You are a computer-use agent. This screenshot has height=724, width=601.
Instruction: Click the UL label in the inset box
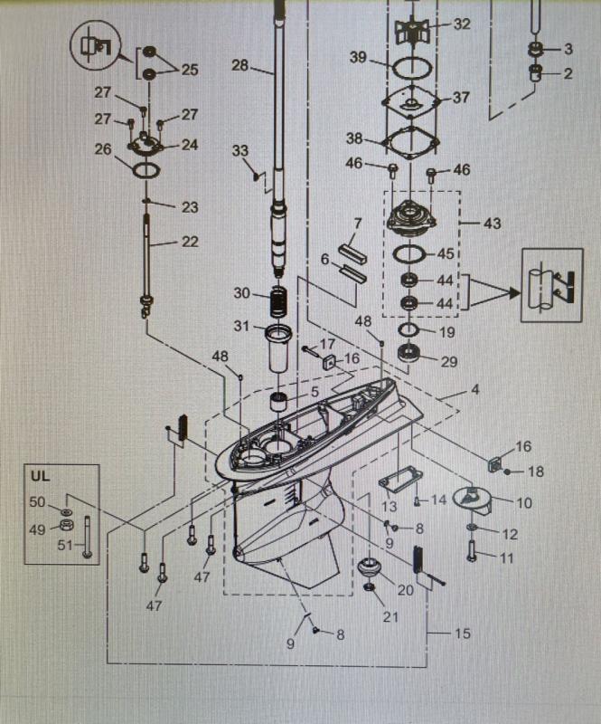point(40,476)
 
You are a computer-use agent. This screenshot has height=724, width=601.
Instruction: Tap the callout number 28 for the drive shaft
point(239,65)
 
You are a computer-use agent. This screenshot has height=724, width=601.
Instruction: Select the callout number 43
point(491,223)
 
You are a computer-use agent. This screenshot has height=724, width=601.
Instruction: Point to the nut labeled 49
point(67,527)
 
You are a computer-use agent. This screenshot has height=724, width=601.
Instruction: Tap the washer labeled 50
point(67,512)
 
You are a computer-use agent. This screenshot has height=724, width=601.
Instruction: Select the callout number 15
point(462,633)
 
